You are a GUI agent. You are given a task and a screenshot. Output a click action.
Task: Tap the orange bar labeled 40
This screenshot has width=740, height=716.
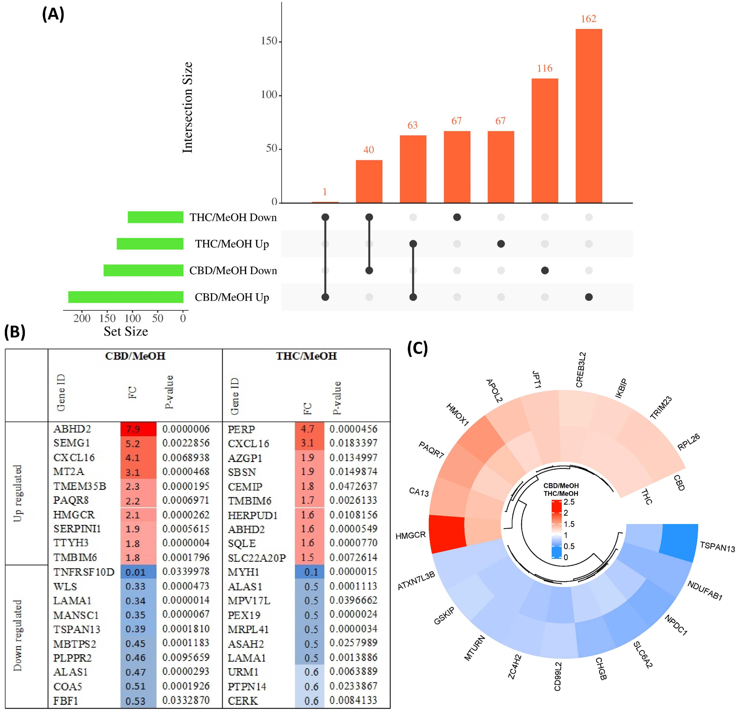tap(369, 181)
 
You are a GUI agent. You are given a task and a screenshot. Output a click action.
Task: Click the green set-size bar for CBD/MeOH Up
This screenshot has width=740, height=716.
tap(126, 297)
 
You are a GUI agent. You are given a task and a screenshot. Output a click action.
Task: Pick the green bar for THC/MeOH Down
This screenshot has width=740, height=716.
tap(156, 217)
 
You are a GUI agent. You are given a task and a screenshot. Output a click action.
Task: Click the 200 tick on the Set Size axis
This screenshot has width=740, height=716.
tap(82, 318)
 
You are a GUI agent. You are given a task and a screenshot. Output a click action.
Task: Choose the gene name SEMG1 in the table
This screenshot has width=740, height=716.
tap(72, 443)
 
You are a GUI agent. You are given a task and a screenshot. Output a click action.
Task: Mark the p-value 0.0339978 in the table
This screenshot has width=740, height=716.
tap(186, 572)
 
